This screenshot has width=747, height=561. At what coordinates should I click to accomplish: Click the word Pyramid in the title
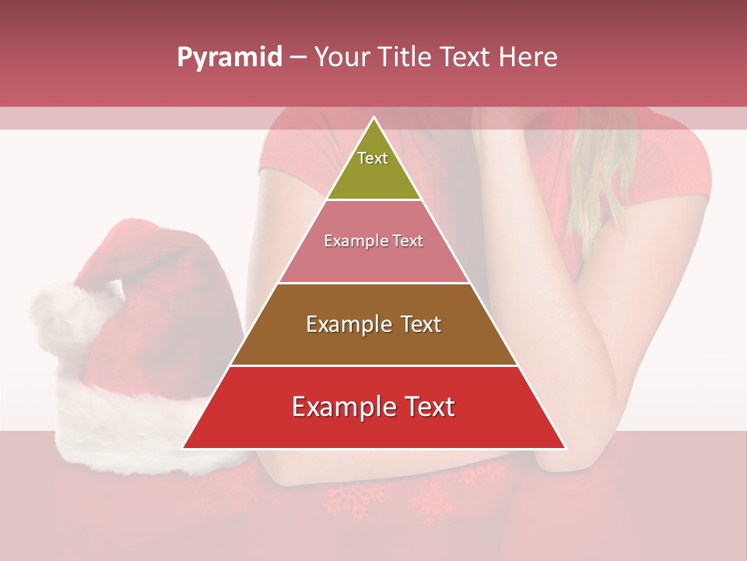point(230,58)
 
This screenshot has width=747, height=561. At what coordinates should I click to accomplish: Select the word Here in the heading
point(528,58)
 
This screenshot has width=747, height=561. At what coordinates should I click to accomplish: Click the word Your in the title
point(343,58)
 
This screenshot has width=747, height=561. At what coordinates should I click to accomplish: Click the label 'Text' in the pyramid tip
point(373,158)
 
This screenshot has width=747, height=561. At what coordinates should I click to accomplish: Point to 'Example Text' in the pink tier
point(373,242)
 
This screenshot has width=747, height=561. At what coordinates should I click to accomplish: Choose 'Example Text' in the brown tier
point(373,324)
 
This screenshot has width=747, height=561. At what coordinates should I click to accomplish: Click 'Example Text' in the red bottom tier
point(373,407)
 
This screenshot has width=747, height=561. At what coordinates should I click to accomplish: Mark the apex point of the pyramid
point(373,118)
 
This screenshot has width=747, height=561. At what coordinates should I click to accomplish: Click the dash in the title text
point(298,58)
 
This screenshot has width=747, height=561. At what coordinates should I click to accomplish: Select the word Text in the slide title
point(466,58)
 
